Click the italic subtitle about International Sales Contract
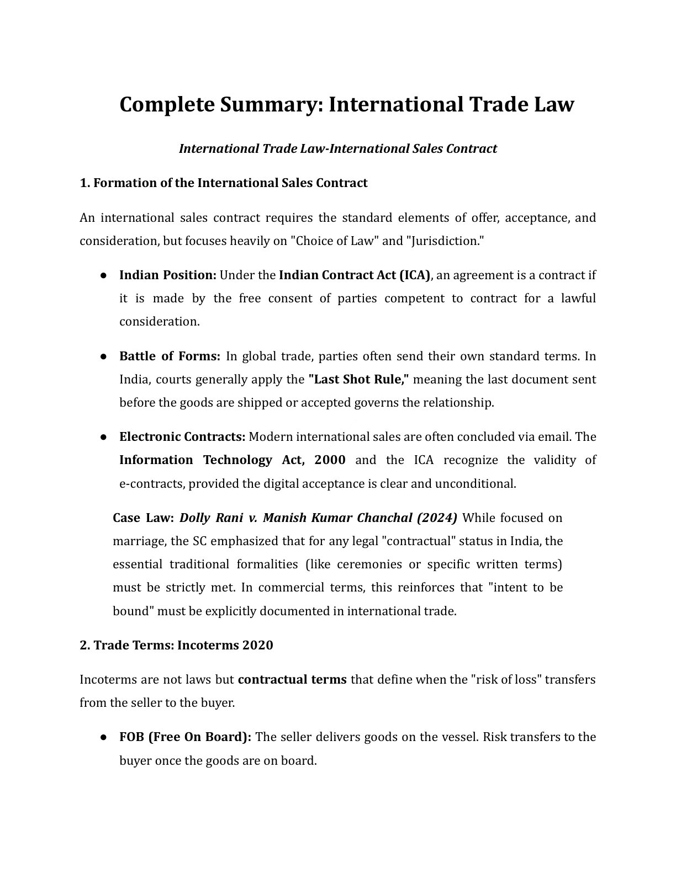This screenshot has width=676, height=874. click(x=337, y=149)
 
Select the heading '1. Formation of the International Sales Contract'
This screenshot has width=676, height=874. click(x=224, y=183)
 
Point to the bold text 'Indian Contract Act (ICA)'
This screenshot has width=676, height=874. click(x=354, y=275)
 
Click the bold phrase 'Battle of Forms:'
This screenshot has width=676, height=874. click(x=170, y=356)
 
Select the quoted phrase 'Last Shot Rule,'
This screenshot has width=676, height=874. click(x=358, y=380)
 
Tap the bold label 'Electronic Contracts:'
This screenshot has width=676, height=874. click(x=182, y=437)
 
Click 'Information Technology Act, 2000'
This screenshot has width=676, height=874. click(x=233, y=460)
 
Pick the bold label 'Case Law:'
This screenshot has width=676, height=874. click(x=143, y=518)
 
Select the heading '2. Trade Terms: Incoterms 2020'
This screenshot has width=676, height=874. click(x=176, y=646)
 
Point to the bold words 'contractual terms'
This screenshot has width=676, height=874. click(x=292, y=680)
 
